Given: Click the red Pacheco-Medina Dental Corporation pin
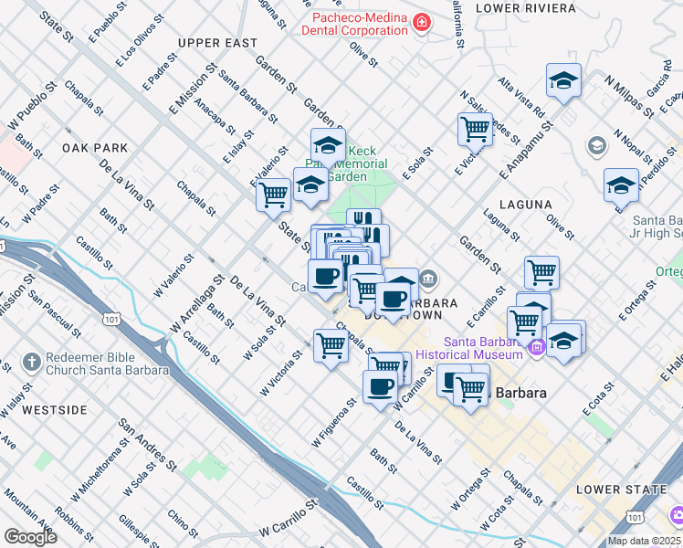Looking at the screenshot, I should [422, 22].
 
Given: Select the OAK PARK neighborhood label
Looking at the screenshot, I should [95, 147].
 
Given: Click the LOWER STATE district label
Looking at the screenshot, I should [621, 490].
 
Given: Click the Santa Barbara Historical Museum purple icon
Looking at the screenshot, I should [536, 346].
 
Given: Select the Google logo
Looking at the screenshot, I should [30, 536].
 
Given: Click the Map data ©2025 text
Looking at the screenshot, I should [643, 541].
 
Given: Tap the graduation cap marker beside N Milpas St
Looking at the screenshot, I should [563, 80].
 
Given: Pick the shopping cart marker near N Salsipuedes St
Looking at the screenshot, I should [475, 129].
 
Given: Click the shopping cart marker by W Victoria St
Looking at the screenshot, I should [330, 344].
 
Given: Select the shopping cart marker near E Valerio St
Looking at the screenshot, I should [273, 194].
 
